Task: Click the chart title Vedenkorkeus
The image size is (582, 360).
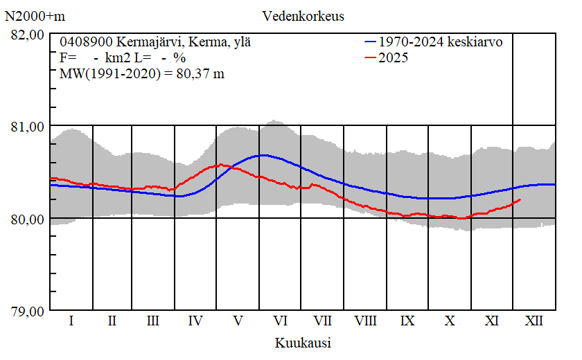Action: click(303, 16)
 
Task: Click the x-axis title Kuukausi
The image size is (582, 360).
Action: click(303, 343)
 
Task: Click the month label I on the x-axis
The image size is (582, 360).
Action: click(71, 321)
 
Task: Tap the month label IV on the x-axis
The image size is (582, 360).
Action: click(195, 321)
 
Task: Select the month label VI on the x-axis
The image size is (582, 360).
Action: click(281, 321)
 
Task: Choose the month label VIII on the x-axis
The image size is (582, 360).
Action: click(365, 321)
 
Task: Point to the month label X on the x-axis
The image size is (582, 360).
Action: click(450, 321)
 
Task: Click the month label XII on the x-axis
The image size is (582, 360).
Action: click(534, 321)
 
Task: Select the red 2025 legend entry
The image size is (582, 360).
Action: click(394, 58)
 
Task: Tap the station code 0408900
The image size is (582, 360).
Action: click(85, 42)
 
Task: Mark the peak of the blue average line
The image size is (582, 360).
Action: click(262, 155)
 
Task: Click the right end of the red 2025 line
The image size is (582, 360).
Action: click(520, 199)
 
